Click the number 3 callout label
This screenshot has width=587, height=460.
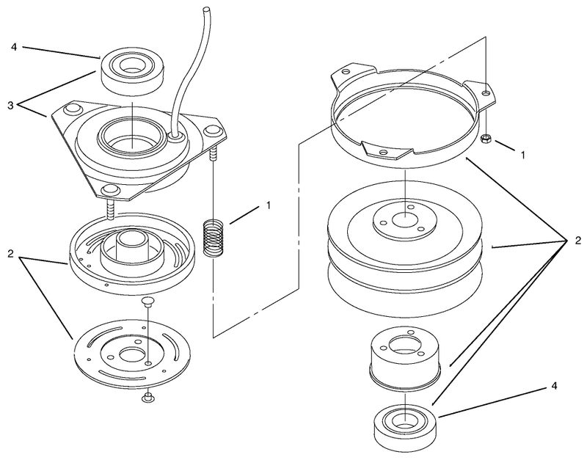point(10,105)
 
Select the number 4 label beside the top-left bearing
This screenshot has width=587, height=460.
point(14,47)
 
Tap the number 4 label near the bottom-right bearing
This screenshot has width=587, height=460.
point(555,385)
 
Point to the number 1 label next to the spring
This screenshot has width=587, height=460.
point(268,205)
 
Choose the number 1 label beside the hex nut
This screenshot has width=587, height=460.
point(522,155)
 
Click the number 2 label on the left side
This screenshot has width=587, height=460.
point(10,254)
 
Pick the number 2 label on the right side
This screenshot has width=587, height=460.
point(578,241)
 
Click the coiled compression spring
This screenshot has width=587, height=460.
point(214,238)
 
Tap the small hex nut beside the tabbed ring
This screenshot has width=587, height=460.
point(486,138)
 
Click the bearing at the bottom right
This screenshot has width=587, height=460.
point(405,429)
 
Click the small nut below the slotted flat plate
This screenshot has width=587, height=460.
point(148,398)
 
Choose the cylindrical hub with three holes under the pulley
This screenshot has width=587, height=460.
point(405,357)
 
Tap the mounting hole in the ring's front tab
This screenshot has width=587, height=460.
point(383,152)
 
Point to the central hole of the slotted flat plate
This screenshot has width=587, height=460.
point(130,354)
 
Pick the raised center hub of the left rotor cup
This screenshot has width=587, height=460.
point(131,248)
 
